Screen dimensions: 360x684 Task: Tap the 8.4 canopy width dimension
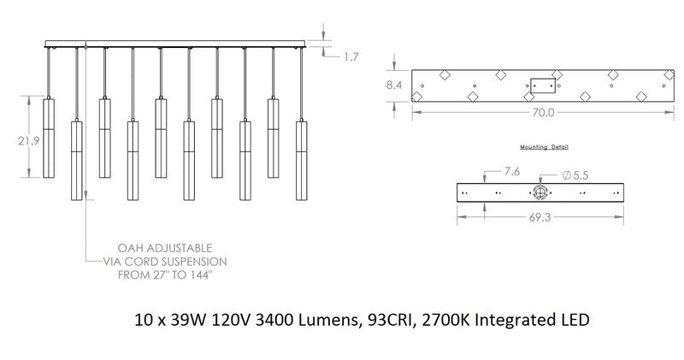pos(394,85)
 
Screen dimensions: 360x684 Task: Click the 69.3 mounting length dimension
pos(540,218)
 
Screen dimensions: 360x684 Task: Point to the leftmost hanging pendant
pos(49,137)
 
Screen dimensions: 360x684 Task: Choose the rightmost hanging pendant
pos(301,160)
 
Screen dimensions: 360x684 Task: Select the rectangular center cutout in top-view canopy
pos(542,86)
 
